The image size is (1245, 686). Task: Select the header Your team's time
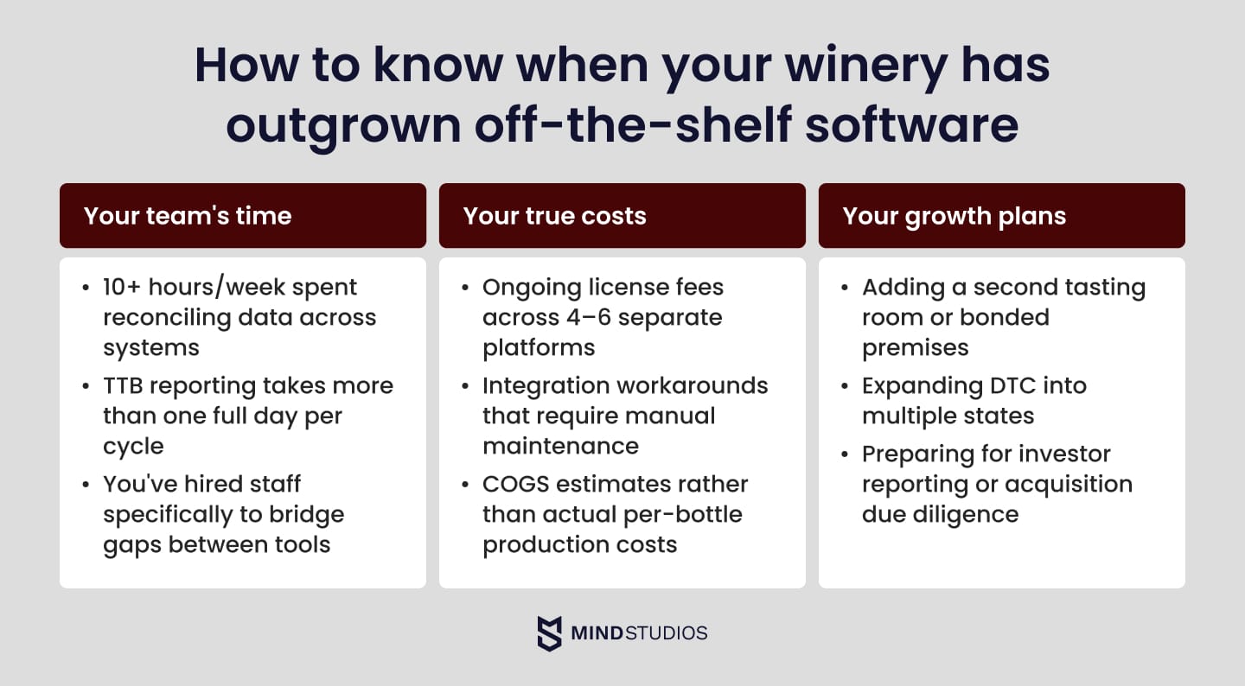pos(188,215)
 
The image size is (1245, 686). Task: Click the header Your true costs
pos(554,215)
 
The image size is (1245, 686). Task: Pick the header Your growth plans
pos(954,215)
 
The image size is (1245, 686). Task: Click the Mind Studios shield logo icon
pos(549,633)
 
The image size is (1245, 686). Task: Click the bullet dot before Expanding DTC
pos(845,385)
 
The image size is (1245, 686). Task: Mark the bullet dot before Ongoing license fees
pos(466,287)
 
